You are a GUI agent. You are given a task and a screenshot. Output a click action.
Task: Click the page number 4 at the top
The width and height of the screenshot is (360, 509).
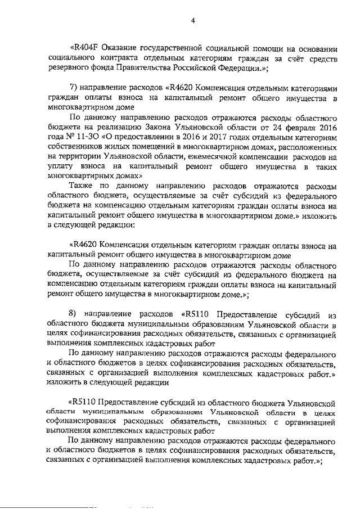193,21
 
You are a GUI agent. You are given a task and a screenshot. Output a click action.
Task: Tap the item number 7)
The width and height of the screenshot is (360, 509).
74,89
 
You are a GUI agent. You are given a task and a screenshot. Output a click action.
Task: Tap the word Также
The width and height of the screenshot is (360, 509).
80,186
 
